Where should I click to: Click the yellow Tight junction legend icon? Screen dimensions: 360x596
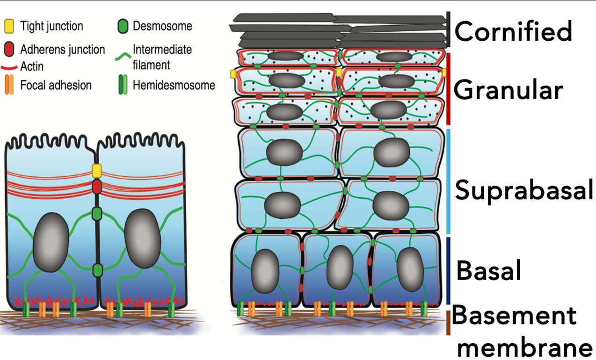coord(9,26)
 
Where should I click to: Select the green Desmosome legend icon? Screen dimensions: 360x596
coord(123,26)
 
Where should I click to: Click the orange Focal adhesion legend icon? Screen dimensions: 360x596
coord(9,86)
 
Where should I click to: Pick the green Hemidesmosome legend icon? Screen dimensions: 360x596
coord(123,86)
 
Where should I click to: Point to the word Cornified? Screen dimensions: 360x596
coord(513,31)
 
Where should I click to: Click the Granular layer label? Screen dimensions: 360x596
coord(508,90)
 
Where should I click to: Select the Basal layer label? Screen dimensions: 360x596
coord(488,270)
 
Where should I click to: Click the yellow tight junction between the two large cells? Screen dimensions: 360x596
coord(97,171)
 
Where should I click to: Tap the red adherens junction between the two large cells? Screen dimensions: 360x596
coord(97,187)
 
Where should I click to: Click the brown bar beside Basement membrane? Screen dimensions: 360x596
coord(448,322)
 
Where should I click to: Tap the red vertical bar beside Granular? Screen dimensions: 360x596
coord(448,89)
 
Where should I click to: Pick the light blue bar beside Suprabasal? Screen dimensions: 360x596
coord(448,181)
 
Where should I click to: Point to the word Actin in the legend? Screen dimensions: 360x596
coord(32,67)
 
